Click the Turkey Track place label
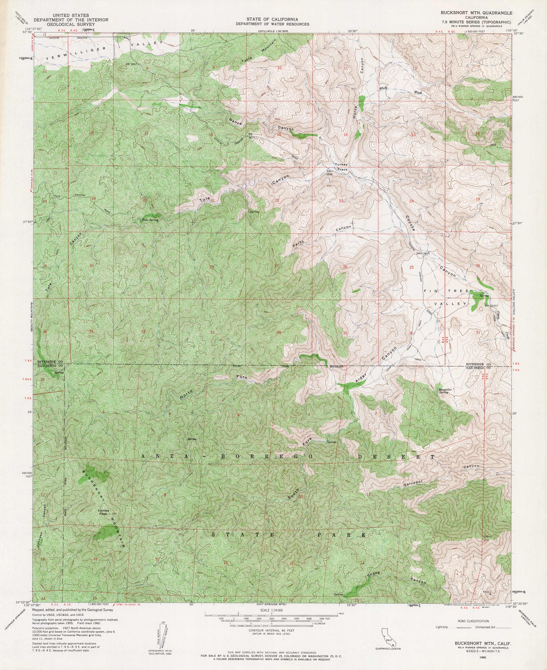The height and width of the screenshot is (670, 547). pyautogui.click(x=342, y=167)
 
